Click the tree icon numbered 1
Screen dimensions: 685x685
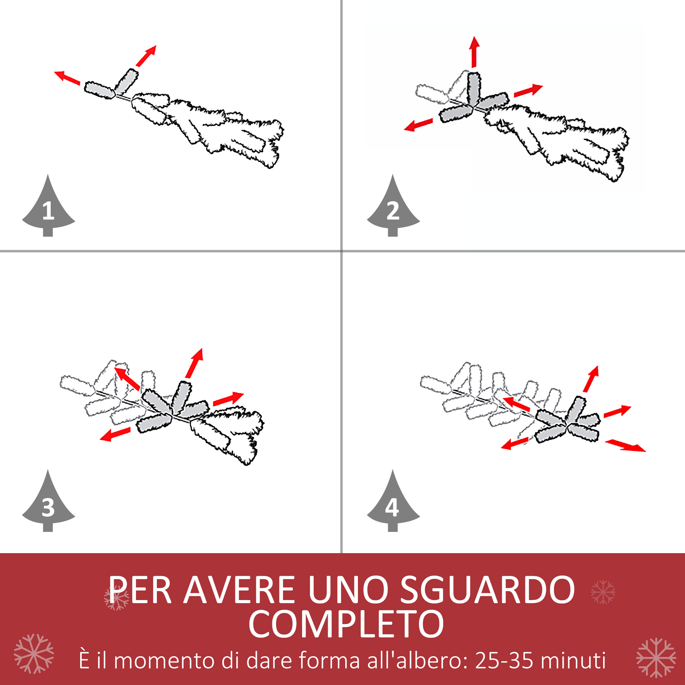pos(48,209)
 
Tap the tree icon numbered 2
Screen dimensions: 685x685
pos(393,209)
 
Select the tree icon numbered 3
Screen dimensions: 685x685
pos(48,505)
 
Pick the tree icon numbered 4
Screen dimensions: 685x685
pos(393,505)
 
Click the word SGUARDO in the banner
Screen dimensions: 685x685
pos(487,590)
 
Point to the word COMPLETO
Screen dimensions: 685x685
pos(346,624)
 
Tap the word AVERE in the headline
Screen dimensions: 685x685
pos(239,590)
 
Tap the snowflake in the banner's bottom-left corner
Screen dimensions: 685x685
pos(34,654)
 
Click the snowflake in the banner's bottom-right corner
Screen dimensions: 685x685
pos(656,658)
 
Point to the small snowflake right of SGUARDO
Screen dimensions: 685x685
pos(603,592)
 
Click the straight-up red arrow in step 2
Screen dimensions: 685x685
pos(474,52)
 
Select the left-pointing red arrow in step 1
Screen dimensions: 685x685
pos(67,78)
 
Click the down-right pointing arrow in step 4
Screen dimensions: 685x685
pos(625,445)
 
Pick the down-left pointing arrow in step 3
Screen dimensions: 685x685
pos(115,434)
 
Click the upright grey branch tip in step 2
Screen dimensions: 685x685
pos(474,89)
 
